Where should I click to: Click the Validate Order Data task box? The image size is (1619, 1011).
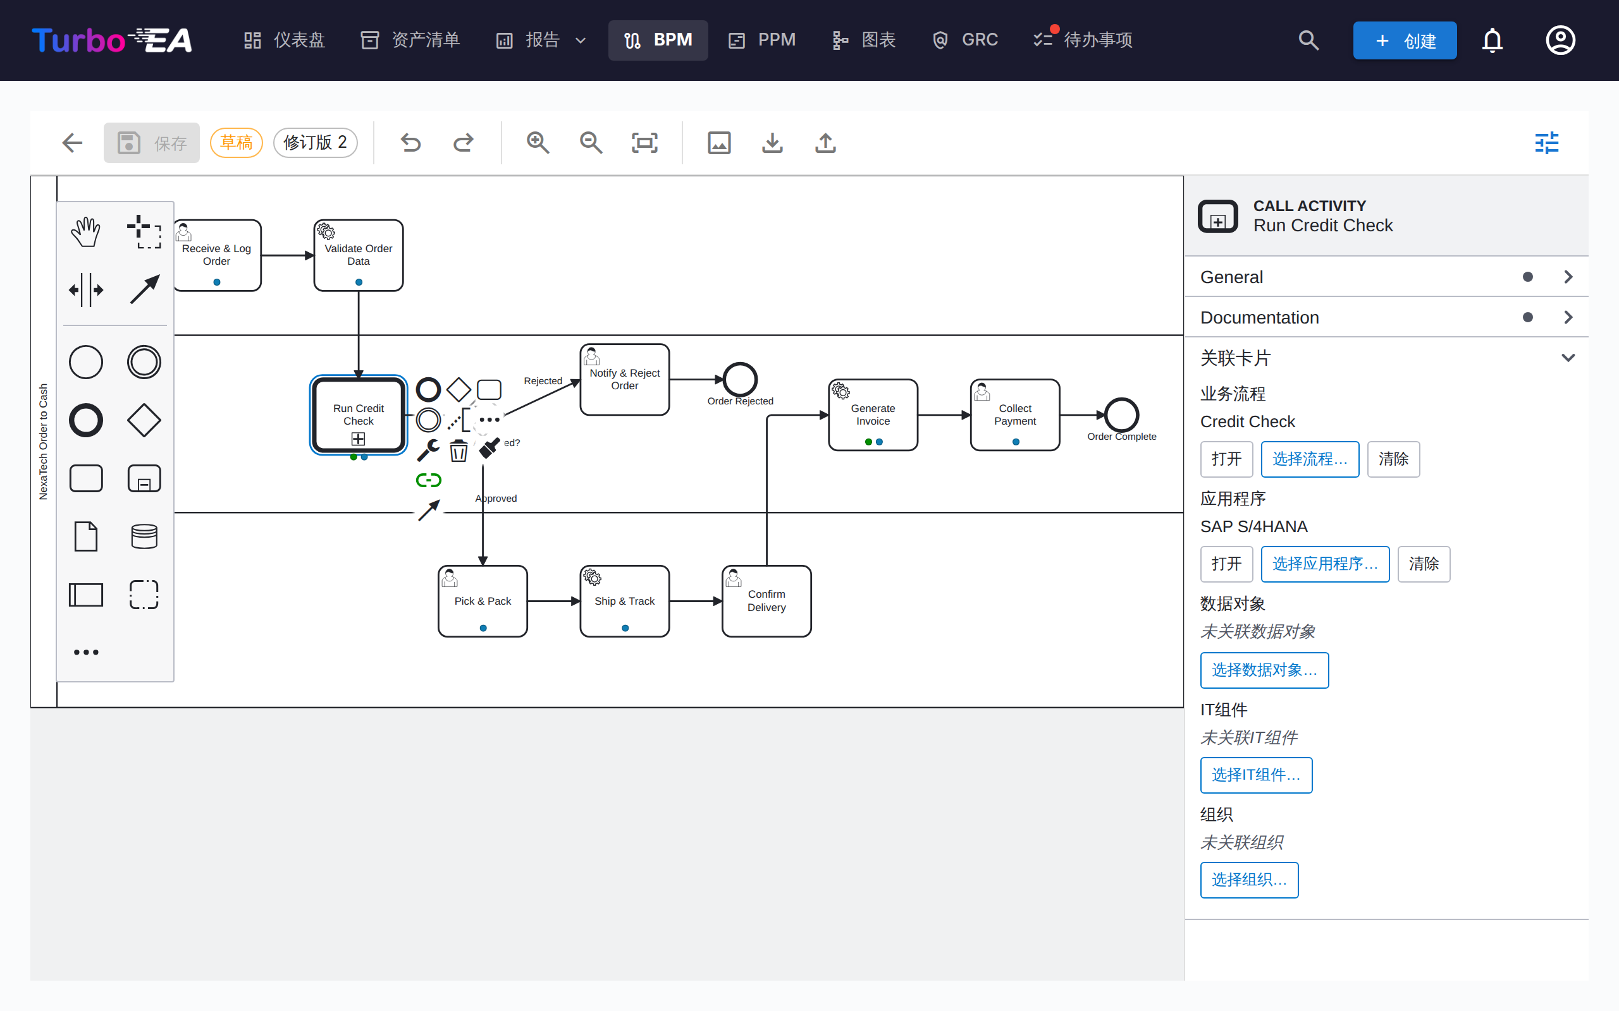pyautogui.click(x=359, y=255)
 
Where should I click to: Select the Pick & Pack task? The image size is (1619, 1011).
pyautogui.click(x=483, y=601)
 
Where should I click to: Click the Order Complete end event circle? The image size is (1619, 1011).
pyautogui.click(x=1122, y=415)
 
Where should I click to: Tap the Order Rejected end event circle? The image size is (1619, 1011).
pyautogui.click(x=740, y=379)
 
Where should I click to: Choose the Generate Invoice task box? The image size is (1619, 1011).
pyautogui.click(x=873, y=415)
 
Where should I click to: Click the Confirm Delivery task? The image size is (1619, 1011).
pyautogui.click(x=766, y=601)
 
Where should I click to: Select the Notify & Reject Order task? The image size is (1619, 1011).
pyautogui.click(x=625, y=379)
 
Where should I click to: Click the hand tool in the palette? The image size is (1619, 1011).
pyautogui.click(x=86, y=231)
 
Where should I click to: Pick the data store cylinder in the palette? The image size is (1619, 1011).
pyautogui.click(x=144, y=536)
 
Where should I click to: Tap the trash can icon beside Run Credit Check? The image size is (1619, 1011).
pyautogui.click(x=459, y=451)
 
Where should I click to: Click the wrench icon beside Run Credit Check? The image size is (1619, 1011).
pyautogui.click(x=428, y=451)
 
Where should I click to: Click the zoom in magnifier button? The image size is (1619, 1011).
pyautogui.click(x=538, y=142)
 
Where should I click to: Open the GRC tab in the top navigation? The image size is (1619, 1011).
pyautogui.click(x=964, y=40)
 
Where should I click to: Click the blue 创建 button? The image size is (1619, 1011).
pyautogui.click(x=1405, y=40)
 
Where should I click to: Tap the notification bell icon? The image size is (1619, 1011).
pyautogui.click(x=1493, y=40)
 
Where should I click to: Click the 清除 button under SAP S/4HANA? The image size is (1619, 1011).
pyautogui.click(x=1424, y=564)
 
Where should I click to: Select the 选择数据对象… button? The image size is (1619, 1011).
pyautogui.click(x=1264, y=670)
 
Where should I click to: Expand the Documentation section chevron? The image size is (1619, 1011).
pyautogui.click(x=1568, y=317)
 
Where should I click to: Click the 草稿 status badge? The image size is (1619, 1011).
pyautogui.click(x=236, y=142)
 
